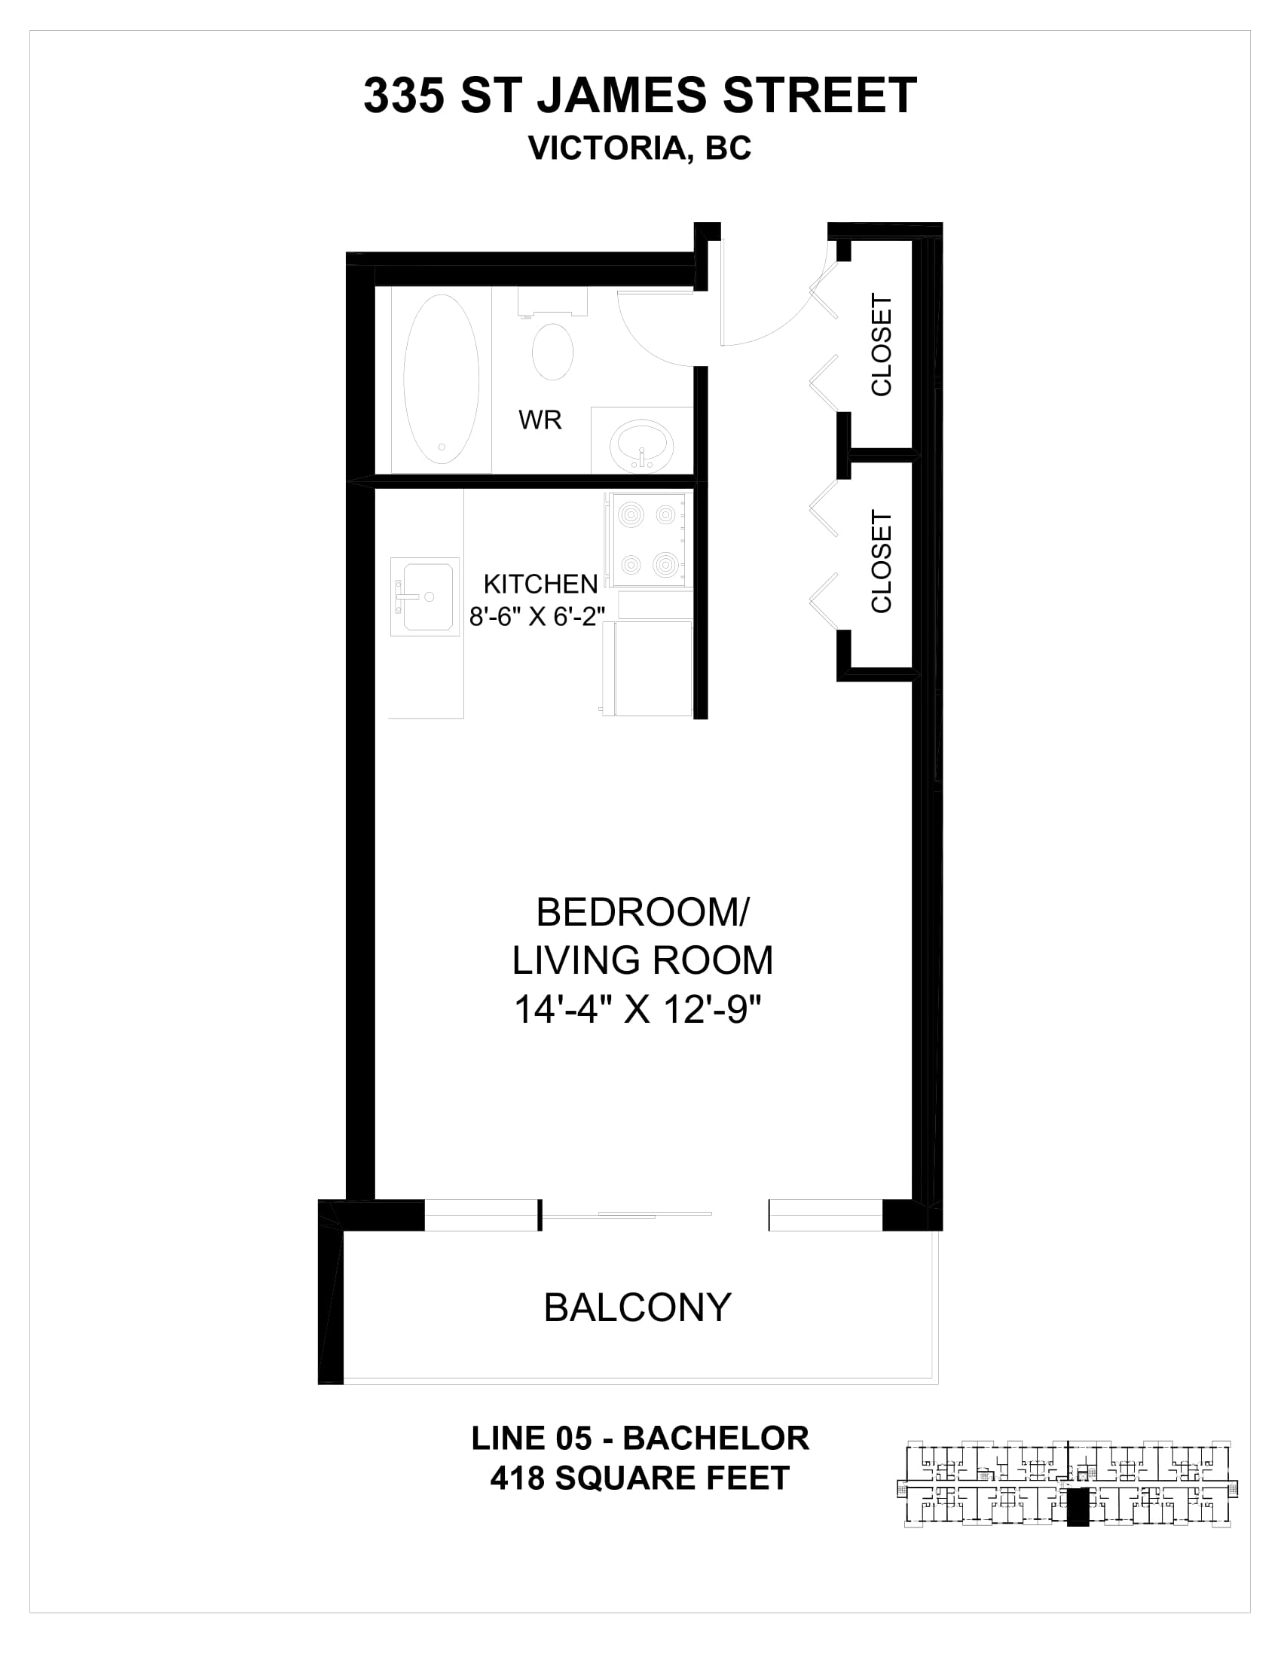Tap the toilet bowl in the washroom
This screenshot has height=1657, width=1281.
click(x=552, y=351)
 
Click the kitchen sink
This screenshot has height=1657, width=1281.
click(x=425, y=597)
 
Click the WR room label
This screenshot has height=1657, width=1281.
click(x=540, y=420)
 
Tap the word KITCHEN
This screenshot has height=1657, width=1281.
click(x=540, y=584)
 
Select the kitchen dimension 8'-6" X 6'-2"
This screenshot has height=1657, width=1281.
click(x=537, y=616)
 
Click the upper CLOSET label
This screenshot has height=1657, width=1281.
click(x=881, y=344)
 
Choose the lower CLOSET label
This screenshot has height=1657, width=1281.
click(x=881, y=561)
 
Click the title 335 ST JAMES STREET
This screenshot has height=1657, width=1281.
click(x=640, y=96)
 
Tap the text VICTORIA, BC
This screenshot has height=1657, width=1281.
click(x=640, y=148)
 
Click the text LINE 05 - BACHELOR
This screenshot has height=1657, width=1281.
click(x=640, y=1439)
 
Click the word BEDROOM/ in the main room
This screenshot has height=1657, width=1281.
click(x=642, y=912)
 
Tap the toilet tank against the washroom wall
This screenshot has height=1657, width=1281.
click(x=552, y=301)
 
